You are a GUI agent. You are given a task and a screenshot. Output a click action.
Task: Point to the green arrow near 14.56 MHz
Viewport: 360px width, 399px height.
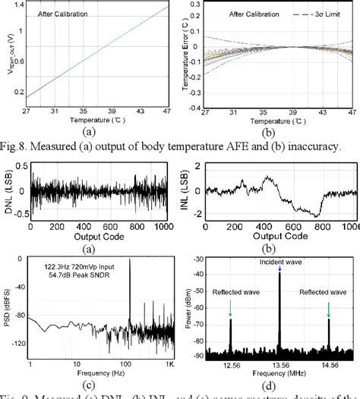tap(329, 306)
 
